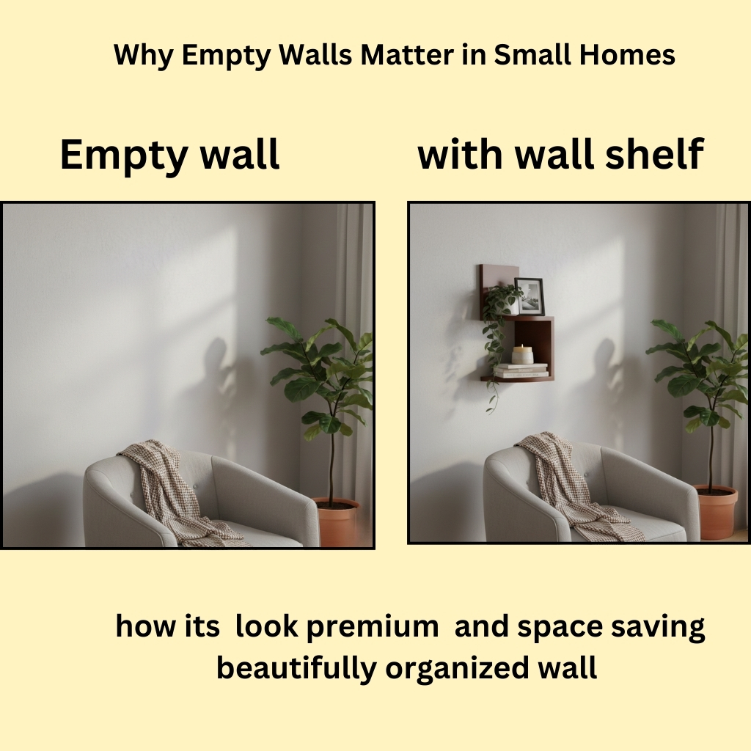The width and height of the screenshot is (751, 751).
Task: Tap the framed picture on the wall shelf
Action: click(x=530, y=296)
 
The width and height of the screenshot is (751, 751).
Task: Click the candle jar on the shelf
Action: click(x=523, y=354)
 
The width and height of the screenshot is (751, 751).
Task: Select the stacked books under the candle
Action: click(x=521, y=370)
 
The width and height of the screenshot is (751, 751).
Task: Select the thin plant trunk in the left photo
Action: click(x=331, y=462)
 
